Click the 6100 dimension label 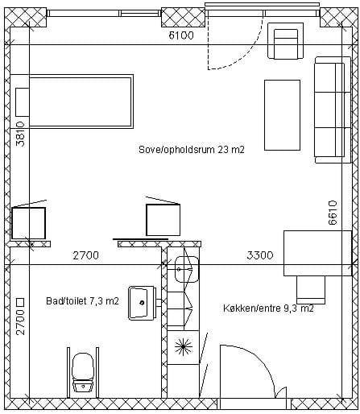(x=181, y=35)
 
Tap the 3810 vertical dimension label (x=20, y=135)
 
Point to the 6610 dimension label (x=333, y=212)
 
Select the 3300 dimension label (x=260, y=255)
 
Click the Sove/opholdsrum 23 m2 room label (x=192, y=150)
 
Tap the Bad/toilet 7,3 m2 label (x=82, y=301)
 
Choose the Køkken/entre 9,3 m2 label (x=268, y=308)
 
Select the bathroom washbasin (x=142, y=303)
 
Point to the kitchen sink (x=187, y=269)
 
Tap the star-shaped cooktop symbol (x=184, y=347)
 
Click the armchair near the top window (x=286, y=41)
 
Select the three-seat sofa (x=333, y=110)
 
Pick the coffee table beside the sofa (x=282, y=115)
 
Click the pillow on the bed (x=23, y=102)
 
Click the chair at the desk (x=311, y=290)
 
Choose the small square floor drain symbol (x=20, y=303)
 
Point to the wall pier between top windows (x=183, y=17)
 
